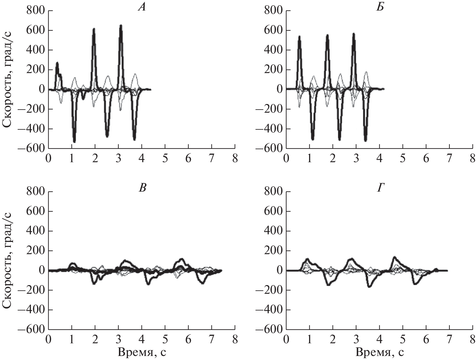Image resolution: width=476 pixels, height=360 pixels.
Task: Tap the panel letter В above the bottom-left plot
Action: click(142, 188)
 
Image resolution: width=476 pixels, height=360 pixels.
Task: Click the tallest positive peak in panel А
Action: click(121, 25)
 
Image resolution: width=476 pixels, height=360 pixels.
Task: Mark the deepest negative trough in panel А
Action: click(74, 142)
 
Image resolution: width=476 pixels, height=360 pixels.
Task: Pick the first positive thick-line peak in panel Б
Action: click(299, 36)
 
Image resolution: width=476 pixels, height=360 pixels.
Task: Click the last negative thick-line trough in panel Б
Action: click(366, 141)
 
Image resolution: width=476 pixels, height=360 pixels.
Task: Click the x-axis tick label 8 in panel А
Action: click(235, 158)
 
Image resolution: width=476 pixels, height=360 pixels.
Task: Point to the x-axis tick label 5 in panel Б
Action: click(403, 158)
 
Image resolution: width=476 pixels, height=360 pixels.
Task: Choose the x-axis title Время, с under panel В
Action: click(142, 352)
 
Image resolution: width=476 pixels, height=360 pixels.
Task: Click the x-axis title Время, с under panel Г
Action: click(380, 352)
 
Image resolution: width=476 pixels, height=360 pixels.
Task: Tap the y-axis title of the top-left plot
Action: click(8, 80)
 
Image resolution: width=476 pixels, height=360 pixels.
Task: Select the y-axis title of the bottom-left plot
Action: click(8, 260)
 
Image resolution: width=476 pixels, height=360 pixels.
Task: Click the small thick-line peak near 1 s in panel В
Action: click(72, 263)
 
